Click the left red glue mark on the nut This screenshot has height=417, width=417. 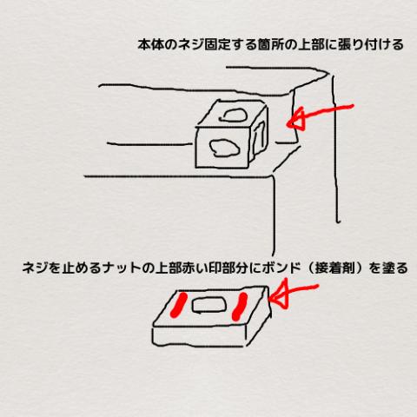[x=179, y=305]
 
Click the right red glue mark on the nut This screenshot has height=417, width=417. [x=240, y=307]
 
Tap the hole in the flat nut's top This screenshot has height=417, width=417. [x=209, y=306]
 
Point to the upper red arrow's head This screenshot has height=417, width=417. [x=296, y=119]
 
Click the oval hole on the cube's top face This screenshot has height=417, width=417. [x=234, y=116]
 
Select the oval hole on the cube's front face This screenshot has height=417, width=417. [x=224, y=149]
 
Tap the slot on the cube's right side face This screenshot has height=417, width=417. [x=260, y=136]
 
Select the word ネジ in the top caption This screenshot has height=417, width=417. [x=191, y=45]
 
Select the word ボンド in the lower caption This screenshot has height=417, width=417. [x=281, y=268]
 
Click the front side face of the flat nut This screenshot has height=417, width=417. [x=198, y=336]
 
